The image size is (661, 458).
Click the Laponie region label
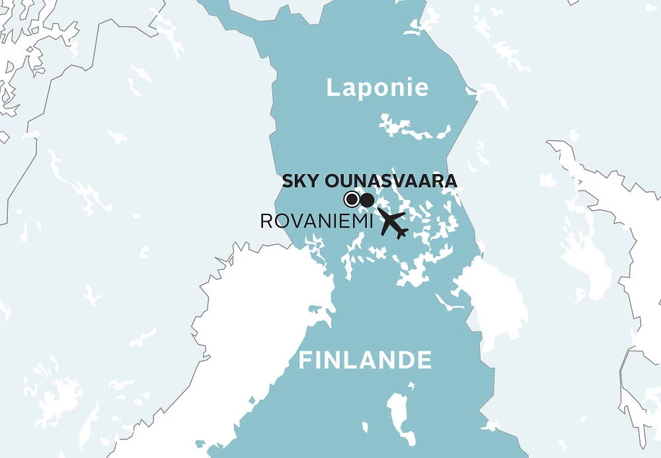point(377,88)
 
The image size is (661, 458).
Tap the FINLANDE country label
point(366,361)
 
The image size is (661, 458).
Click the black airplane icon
point(393,224)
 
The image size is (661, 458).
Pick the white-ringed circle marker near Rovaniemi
point(352,199)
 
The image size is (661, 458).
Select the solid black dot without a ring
point(367,200)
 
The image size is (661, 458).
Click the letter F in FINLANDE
point(305,361)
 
